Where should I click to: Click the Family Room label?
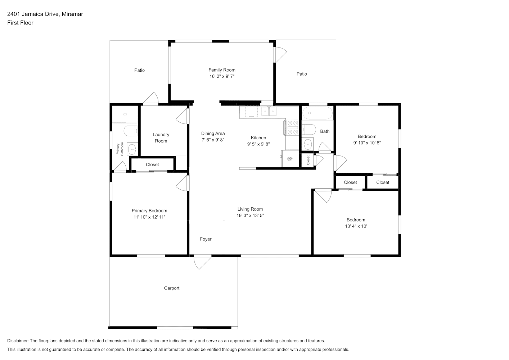222,70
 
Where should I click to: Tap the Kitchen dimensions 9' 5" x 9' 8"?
258,144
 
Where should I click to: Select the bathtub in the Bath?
317,113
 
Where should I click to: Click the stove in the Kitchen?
291,127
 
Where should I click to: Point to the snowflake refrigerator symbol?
290,159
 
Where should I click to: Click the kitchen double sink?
269,112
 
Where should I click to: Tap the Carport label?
172,288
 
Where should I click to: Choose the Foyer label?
206,239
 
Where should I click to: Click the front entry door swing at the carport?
202,263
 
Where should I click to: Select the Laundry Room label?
161,138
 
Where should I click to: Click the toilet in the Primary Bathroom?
131,131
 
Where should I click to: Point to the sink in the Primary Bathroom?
132,149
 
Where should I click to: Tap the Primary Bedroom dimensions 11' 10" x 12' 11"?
149,217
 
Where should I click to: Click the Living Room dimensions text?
250,215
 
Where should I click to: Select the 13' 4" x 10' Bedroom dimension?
356,226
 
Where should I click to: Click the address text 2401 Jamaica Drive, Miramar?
45,14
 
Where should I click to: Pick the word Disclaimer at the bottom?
18,341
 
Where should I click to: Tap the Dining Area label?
213,134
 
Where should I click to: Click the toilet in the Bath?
308,130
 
